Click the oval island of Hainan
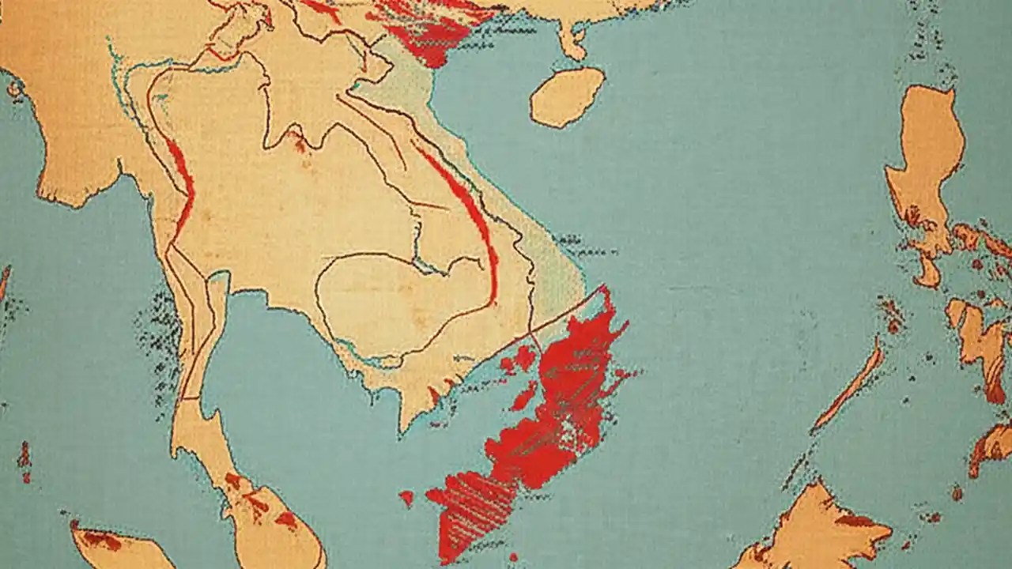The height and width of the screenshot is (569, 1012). coord(567,96)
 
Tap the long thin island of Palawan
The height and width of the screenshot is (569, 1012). coord(850,388)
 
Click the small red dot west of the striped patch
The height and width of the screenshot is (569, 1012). coord(406,497)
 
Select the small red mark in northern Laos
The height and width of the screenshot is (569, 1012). coord(299,141)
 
